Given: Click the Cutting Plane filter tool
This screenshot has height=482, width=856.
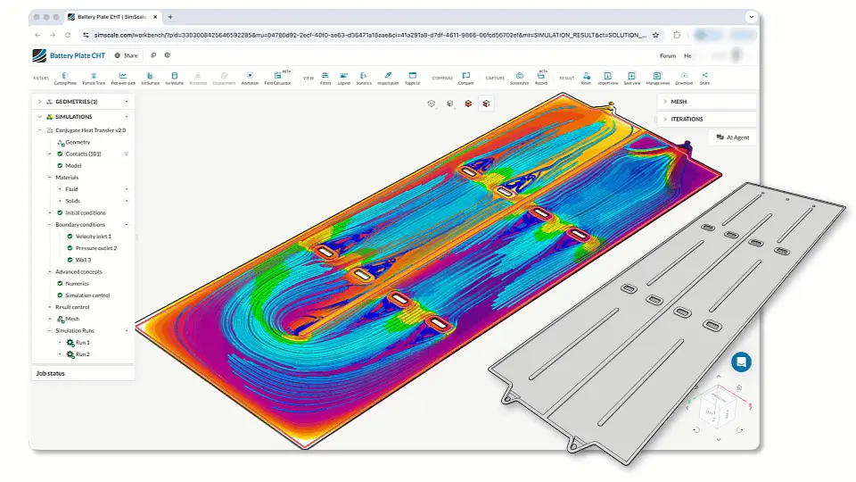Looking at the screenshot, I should click(65, 78).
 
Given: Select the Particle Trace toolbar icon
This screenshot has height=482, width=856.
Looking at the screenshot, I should click(94, 78).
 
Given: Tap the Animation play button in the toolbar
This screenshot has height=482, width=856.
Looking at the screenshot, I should click(250, 78).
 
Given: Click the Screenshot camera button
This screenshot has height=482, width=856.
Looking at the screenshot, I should click(518, 78).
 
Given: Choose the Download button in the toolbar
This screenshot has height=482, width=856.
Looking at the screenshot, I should click(683, 78).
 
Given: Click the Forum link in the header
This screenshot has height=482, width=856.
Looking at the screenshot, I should click(667, 55).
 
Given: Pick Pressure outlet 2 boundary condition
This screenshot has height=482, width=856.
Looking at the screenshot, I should click(95, 248).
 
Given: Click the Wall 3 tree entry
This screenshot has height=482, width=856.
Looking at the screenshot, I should click(83, 260).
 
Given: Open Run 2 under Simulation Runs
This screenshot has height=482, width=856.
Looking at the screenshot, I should click(82, 354).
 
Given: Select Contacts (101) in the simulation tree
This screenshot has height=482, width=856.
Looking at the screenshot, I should click(83, 154).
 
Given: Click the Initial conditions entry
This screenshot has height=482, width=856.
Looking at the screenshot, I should click(85, 212).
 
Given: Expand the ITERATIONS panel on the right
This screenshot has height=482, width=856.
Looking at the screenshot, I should click(687, 119).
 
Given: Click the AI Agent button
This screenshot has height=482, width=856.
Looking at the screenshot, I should click(732, 137).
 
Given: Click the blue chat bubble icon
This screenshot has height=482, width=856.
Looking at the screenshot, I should click(741, 361).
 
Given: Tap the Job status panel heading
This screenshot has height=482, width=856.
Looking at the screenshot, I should click(50, 372).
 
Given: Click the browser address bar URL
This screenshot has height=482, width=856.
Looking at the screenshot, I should click(357, 35).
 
